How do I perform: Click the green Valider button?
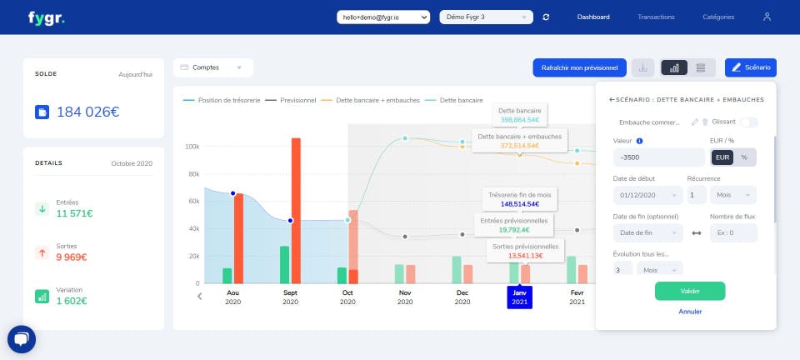point(690,291)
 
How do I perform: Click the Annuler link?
point(690,312)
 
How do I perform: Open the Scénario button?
point(751,67)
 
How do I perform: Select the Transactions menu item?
point(656,17)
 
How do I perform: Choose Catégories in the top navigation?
point(718,17)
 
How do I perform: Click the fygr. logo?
point(46,17)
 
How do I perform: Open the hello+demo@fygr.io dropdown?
point(383,17)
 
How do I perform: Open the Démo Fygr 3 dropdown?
point(486,17)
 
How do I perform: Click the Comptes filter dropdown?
point(213,67)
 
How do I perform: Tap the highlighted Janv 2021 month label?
point(519,297)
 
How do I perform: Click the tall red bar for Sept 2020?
point(296,210)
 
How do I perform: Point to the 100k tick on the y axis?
point(192,147)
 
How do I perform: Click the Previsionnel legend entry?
point(293,100)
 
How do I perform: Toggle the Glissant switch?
point(748,122)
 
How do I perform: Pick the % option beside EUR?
point(744,157)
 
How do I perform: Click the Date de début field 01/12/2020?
point(645,195)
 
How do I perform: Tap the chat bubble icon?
point(22,339)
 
